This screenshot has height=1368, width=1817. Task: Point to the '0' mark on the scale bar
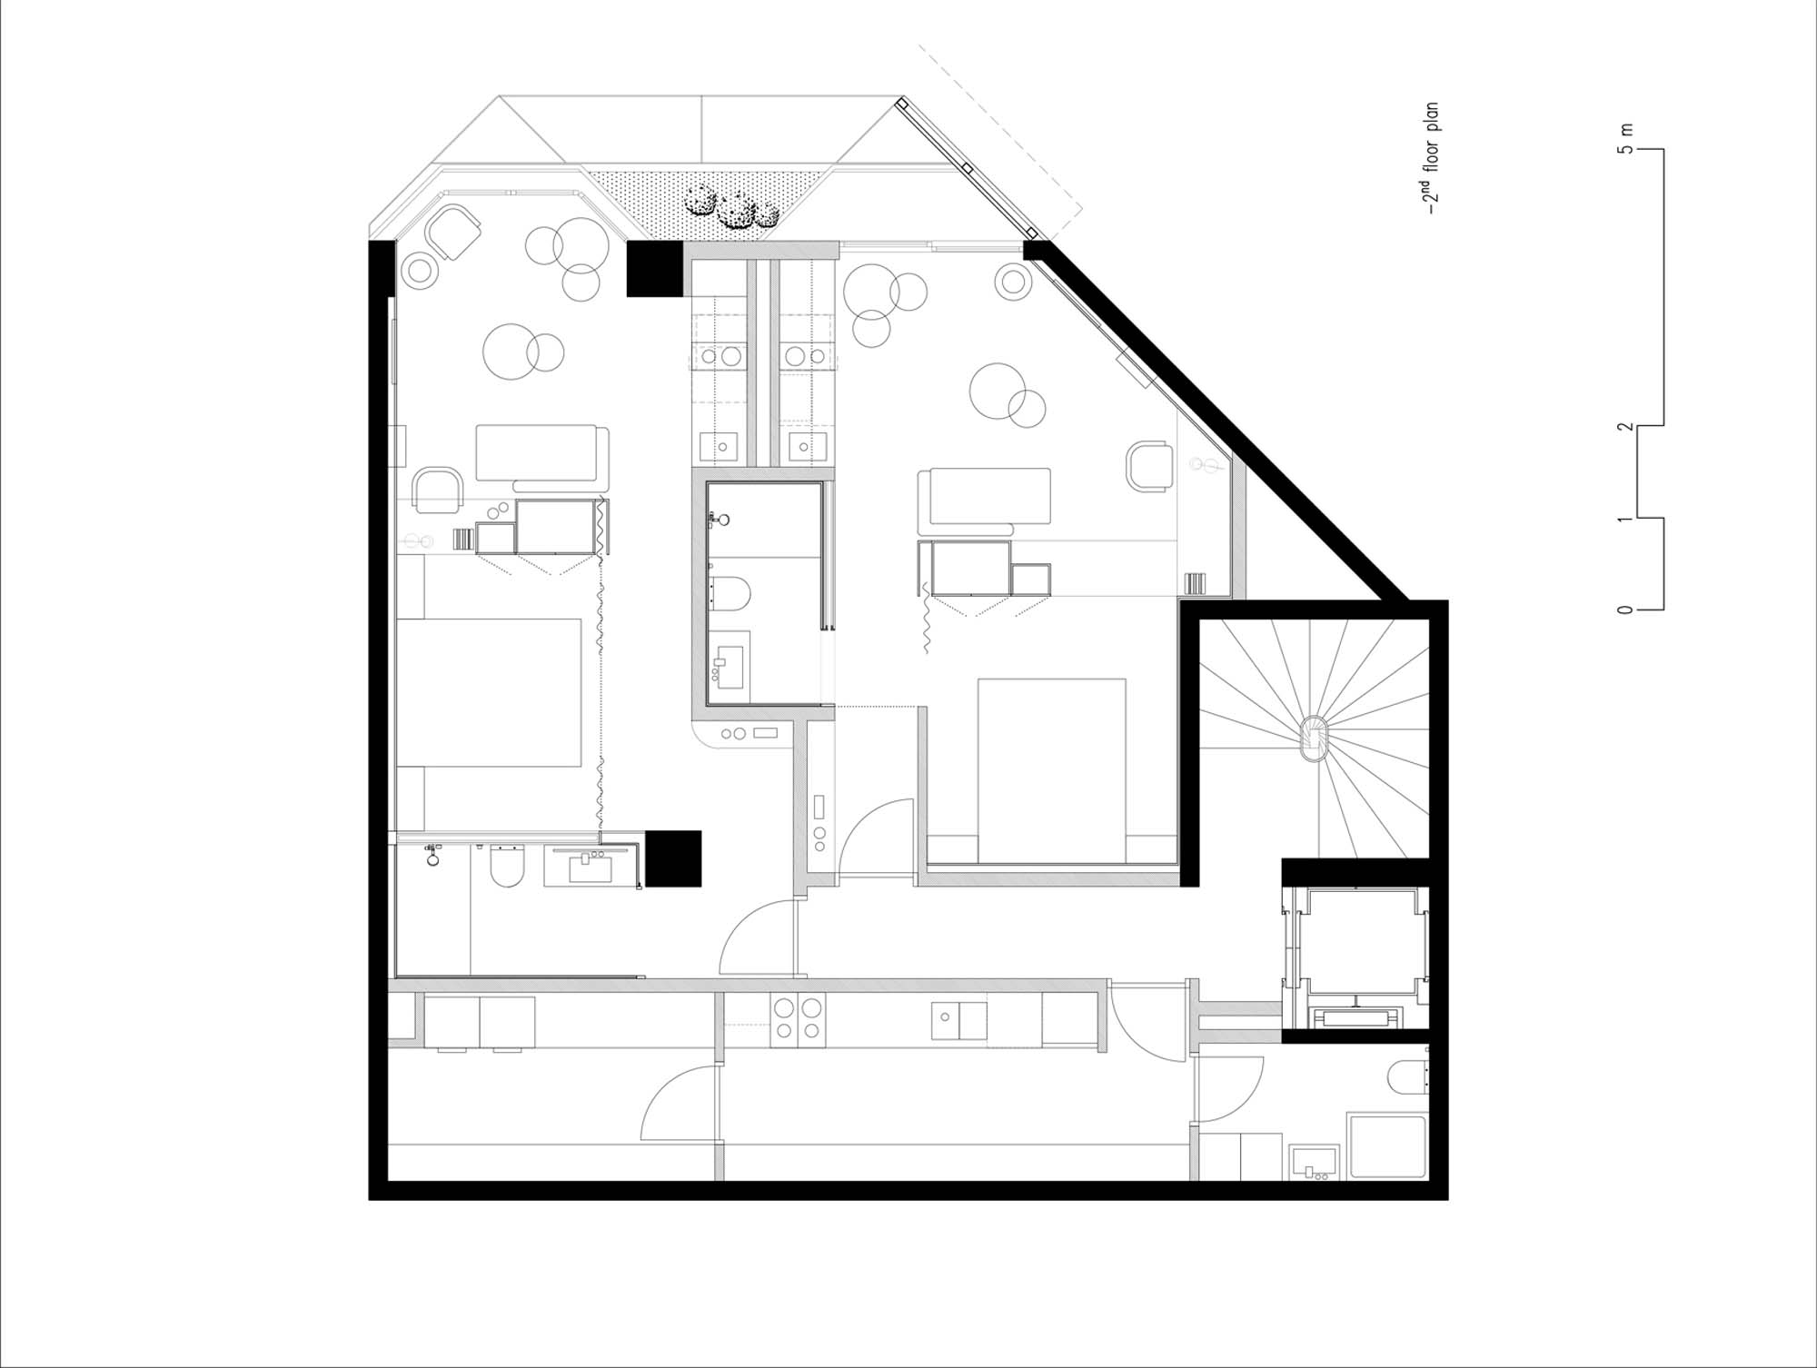point(1625,610)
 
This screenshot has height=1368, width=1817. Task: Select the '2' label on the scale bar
point(1625,426)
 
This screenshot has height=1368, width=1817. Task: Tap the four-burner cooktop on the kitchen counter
point(797,1017)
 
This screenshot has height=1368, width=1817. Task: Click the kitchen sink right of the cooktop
point(958,1020)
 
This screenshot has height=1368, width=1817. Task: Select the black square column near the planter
point(654,269)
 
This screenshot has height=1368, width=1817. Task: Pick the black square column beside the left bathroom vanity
point(672,858)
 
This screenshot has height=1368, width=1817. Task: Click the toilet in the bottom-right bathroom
point(1407,1077)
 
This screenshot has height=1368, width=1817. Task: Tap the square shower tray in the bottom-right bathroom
point(1386,1147)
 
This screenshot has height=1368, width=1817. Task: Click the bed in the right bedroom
point(1052,769)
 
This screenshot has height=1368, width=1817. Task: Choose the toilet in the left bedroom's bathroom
point(507,866)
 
